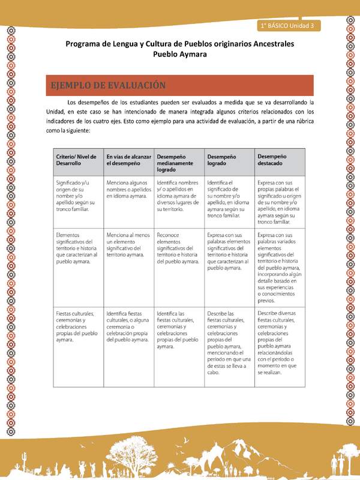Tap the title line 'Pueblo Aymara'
(180, 54)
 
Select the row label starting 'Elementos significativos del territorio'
(77, 245)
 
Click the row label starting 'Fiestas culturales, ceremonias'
(77, 326)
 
